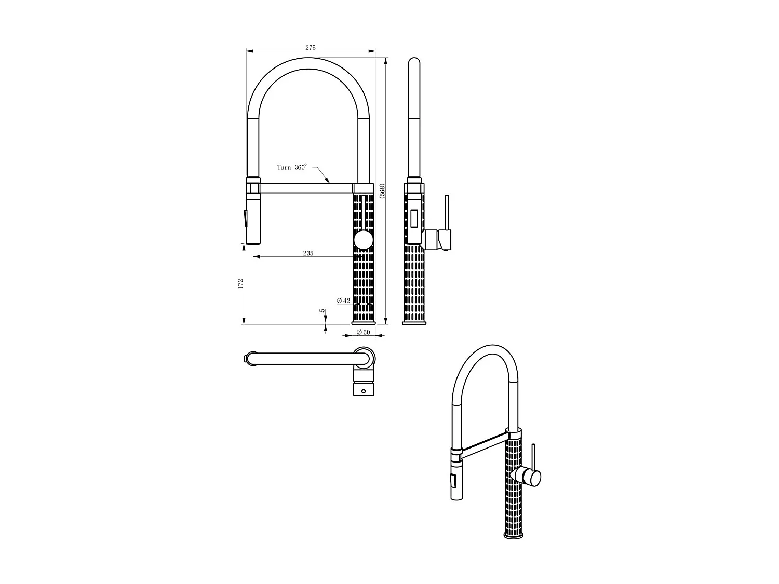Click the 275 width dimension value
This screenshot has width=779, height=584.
click(310, 48)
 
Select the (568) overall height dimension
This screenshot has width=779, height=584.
click(382, 191)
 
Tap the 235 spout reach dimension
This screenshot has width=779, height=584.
click(308, 253)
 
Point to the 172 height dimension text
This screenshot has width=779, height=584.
click(240, 283)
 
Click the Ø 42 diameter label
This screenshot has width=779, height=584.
click(343, 301)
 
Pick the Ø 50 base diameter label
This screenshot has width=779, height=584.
click(363, 333)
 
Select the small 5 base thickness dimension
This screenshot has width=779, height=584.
click(323, 311)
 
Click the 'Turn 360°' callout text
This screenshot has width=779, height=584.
click(291, 167)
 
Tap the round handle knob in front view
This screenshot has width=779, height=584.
click(363, 241)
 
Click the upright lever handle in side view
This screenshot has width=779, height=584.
click(446, 212)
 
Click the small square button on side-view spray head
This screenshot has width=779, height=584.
click(414, 218)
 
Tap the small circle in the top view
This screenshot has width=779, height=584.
click(364, 391)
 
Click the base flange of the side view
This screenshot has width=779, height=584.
click(414, 324)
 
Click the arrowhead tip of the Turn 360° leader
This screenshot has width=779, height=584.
click(329, 183)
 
